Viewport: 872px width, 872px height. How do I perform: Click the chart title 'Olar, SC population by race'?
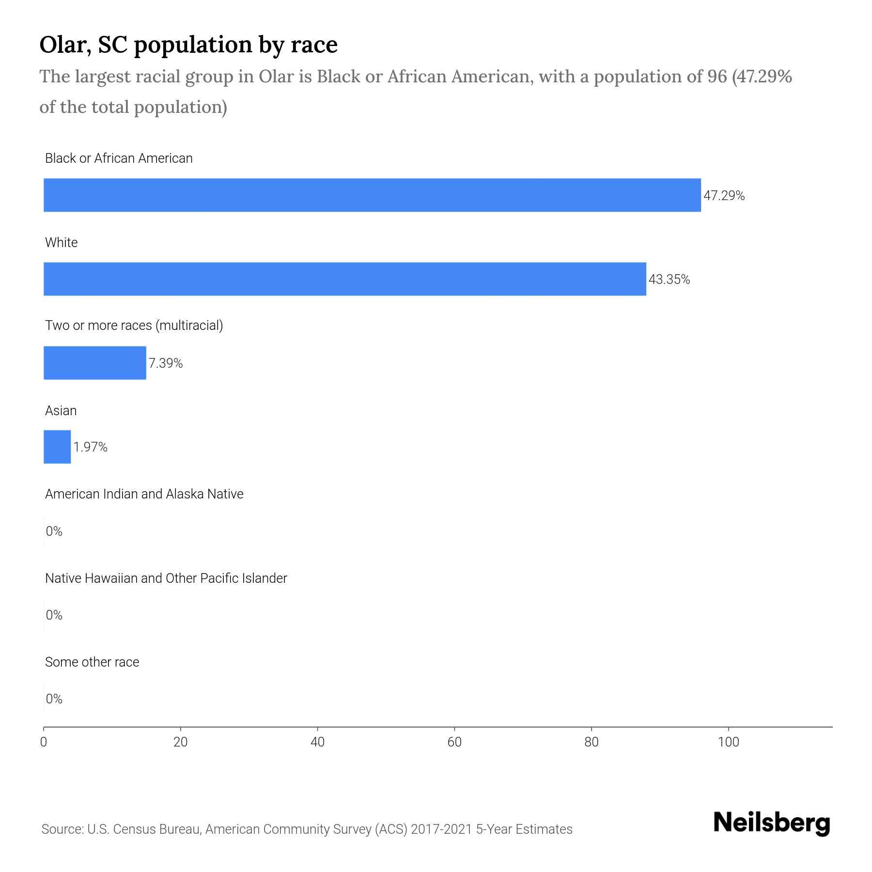click(x=188, y=45)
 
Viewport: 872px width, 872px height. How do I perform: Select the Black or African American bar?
click(x=372, y=195)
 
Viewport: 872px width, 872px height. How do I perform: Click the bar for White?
click(x=345, y=279)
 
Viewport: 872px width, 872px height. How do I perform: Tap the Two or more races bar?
click(x=95, y=363)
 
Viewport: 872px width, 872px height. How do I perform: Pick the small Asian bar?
click(x=57, y=447)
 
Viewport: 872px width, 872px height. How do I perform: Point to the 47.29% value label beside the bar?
click(x=724, y=196)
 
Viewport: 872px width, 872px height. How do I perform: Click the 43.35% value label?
click(x=669, y=280)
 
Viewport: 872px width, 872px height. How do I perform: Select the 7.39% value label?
click(x=165, y=363)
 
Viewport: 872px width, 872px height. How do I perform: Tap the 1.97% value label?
click(x=90, y=447)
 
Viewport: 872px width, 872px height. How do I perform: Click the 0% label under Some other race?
click(x=54, y=699)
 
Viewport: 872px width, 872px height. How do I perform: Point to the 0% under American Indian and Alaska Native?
click(x=54, y=531)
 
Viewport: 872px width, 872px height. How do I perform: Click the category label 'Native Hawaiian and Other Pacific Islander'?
click(x=166, y=578)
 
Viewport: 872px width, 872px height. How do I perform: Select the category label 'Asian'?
click(x=61, y=411)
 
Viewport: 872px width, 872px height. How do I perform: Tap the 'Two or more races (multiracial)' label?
click(x=134, y=326)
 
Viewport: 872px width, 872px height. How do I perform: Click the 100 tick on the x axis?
click(x=728, y=742)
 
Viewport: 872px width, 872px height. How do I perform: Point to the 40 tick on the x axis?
click(x=317, y=742)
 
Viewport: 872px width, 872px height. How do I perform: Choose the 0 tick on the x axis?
click(x=44, y=742)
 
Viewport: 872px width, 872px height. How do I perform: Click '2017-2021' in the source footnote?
click(x=441, y=829)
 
